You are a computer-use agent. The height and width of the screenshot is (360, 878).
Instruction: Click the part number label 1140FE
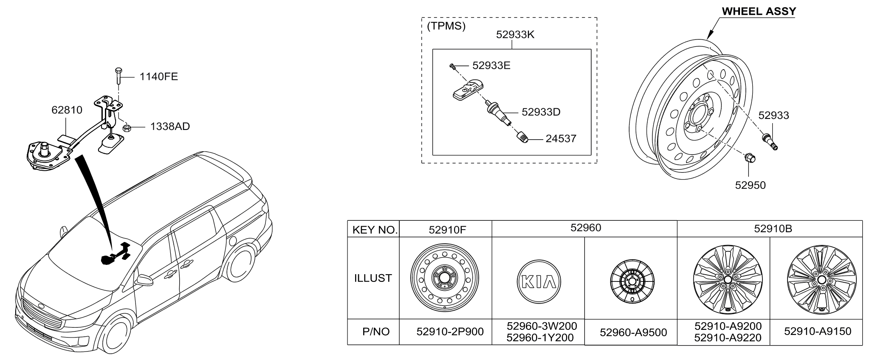point(159,77)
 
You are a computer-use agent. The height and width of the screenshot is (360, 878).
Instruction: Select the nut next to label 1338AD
point(126,127)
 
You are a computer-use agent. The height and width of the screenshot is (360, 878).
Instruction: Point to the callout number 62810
point(67,110)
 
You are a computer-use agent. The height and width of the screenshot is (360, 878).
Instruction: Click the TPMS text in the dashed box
point(446,26)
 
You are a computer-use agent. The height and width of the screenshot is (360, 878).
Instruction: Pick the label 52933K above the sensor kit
point(515,35)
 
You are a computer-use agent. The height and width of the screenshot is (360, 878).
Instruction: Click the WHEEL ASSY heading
point(759,11)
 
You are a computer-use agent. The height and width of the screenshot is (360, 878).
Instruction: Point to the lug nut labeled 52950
point(749,158)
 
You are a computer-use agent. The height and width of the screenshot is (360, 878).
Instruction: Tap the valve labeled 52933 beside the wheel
point(771,141)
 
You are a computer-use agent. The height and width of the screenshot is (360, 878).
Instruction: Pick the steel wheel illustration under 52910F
point(445,278)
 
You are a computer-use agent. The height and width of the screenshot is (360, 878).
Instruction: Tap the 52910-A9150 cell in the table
point(817,332)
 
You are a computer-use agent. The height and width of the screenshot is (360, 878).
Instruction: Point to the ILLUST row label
point(373,278)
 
